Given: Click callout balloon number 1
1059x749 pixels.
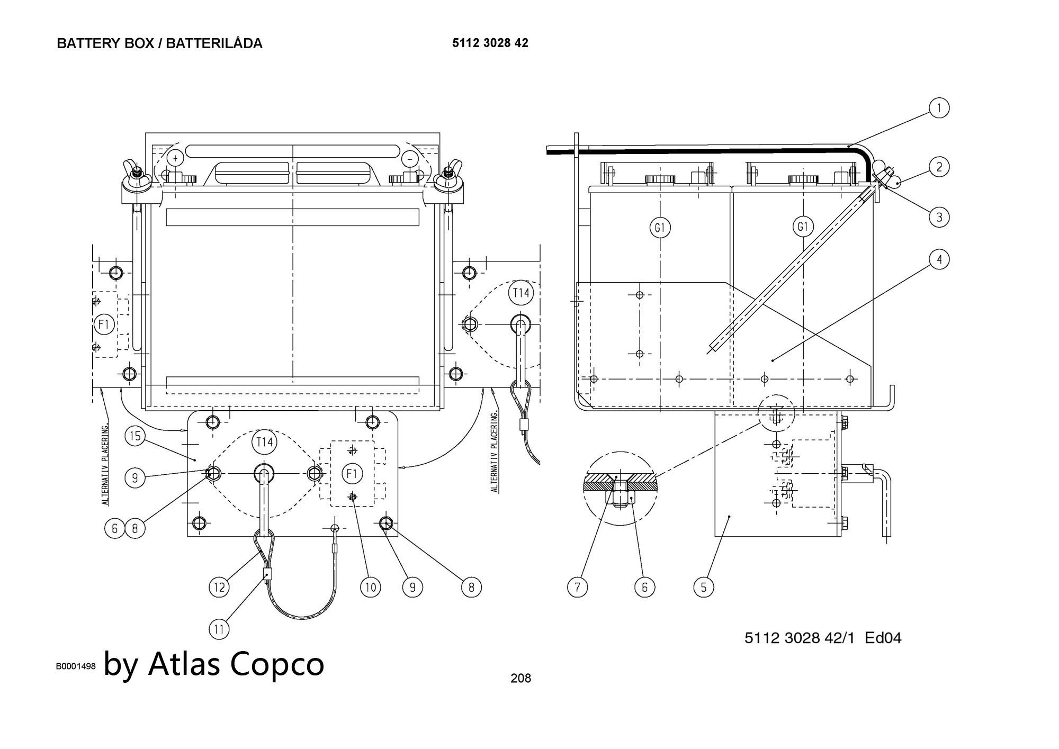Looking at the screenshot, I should coord(939,108).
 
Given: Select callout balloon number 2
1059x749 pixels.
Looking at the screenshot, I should coord(939,167).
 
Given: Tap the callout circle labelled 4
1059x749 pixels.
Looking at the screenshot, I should coord(939,259).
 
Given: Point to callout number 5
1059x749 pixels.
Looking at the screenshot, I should coord(703,586).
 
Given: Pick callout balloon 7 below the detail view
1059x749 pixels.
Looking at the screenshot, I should coord(577,586).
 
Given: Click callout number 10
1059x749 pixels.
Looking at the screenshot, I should coord(370,586).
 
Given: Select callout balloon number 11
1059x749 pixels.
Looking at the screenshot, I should coord(219,629).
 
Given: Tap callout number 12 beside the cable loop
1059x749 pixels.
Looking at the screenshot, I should coord(219,586).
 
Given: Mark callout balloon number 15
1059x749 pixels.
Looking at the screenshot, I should coord(135,436).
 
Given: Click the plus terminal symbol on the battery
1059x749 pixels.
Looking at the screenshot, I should coord(176,157).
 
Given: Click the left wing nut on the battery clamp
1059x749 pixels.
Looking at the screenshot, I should coord(132,179).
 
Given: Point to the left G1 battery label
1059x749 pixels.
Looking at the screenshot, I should coord(660,228).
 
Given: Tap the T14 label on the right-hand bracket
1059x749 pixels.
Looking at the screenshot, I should coord(520,293).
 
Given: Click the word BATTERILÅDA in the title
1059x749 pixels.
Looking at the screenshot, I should coord(214,43).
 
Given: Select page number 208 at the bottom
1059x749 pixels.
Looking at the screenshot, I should coord(520,678).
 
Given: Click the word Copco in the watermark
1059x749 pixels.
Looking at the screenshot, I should coord(277,664).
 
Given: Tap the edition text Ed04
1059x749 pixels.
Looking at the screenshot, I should coord(883,638).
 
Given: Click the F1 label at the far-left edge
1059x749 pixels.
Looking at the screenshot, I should coord(104,324).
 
